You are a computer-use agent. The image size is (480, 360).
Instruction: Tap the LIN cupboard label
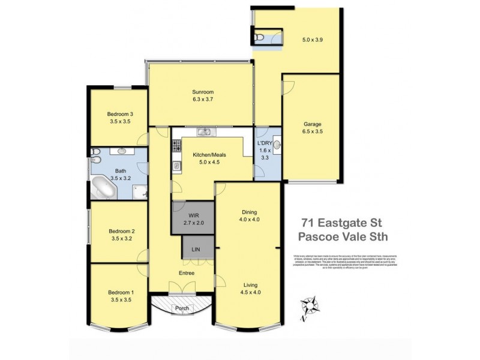196,248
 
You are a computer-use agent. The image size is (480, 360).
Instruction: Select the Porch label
181,308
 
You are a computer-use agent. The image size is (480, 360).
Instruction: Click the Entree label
186,273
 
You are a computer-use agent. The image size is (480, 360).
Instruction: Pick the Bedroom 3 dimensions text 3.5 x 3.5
120,121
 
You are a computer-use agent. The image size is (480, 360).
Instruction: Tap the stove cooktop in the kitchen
176,145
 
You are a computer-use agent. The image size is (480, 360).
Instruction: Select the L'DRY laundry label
265,143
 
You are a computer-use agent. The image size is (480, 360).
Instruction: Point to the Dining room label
250,212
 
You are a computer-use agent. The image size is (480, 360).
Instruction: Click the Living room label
251,285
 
